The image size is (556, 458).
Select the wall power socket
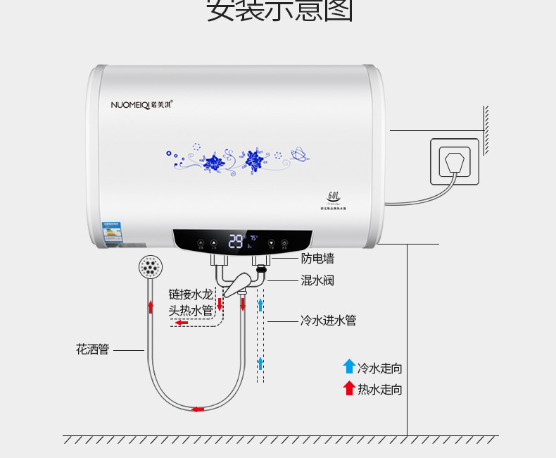click(x=455, y=163)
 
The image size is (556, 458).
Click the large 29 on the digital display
click(x=236, y=242)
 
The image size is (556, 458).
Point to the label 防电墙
click(x=317, y=259)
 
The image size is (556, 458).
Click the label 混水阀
click(x=317, y=280)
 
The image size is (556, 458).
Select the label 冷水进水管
click(x=328, y=321)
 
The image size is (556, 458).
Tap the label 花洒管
click(x=92, y=349)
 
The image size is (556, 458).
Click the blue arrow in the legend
click(x=349, y=366)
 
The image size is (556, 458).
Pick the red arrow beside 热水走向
click(x=349, y=388)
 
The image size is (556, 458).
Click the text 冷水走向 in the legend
click(x=380, y=369)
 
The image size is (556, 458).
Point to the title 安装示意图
click(x=279, y=11)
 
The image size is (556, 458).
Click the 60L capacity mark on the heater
click(x=334, y=194)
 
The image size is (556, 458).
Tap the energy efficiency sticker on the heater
click(x=111, y=233)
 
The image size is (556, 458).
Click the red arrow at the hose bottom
click(x=198, y=409)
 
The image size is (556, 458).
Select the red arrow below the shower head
click(x=150, y=307)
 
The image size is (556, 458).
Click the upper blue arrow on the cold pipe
click(x=260, y=304)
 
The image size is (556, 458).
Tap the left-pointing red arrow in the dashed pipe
click(x=182, y=323)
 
